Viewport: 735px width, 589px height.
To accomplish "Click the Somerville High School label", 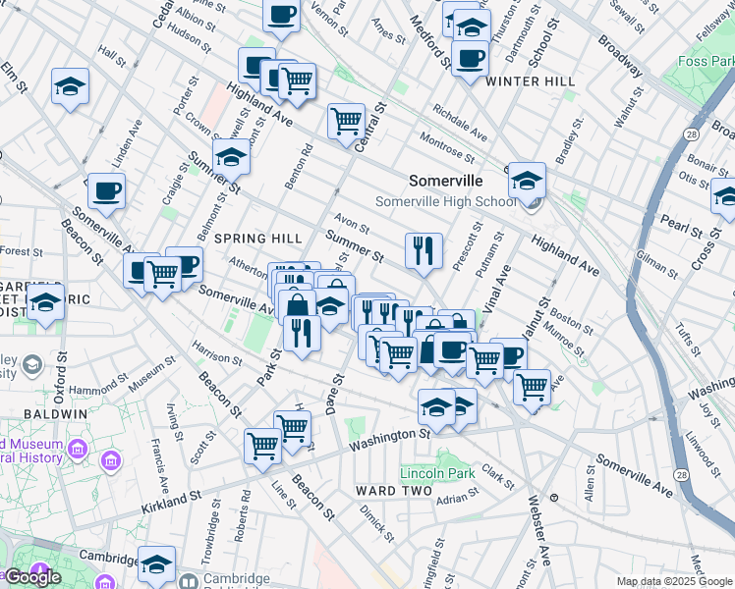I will (x=445, y=202).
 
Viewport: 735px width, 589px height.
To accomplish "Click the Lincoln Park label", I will (x=437, y=473).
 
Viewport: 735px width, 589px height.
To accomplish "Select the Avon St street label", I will (x=351, y=220).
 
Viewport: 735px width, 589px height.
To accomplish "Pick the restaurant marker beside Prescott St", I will (x=424, y=251).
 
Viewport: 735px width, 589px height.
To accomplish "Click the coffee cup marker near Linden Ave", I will (x=106, y=190).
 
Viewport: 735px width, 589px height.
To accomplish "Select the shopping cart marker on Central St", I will (x=346, y=122).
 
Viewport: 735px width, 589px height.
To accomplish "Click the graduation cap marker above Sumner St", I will (x=231, y=157).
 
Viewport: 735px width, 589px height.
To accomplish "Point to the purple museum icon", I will (x=111, y=459).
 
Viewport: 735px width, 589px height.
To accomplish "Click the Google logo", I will (x=32, y=576).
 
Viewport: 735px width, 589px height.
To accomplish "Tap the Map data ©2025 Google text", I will (x=673, y=581).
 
